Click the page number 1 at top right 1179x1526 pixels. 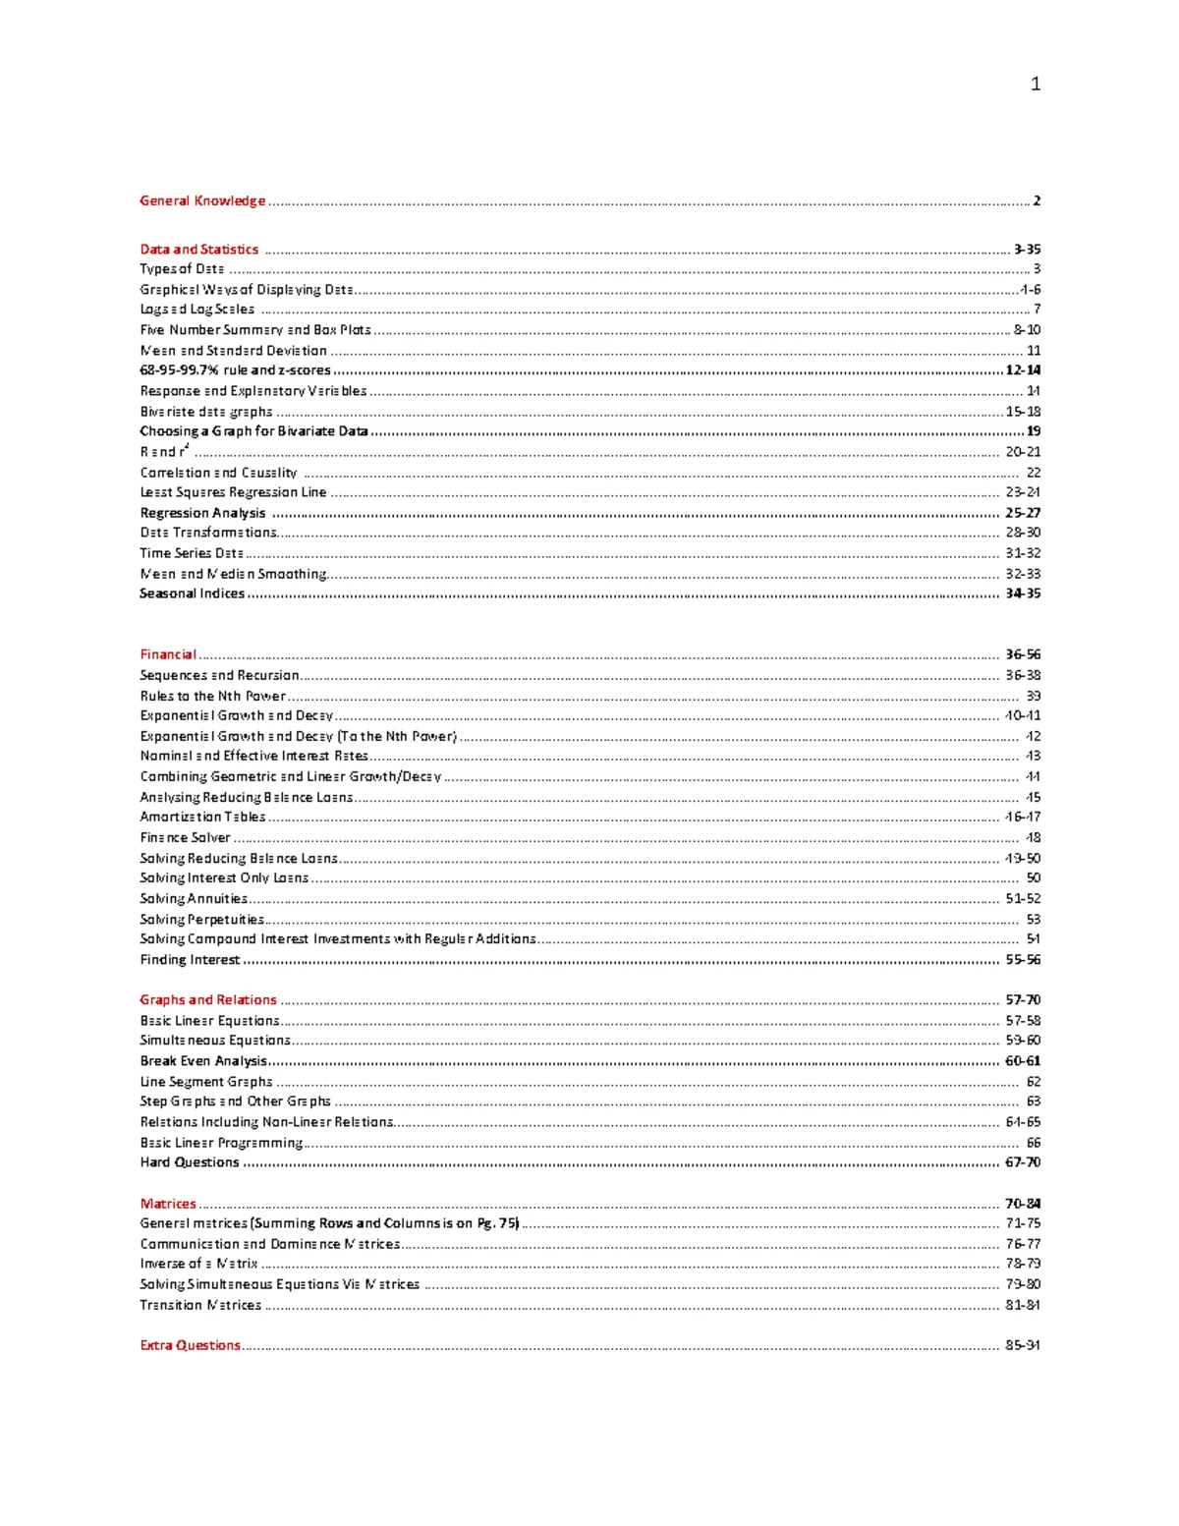(x=1035, y=85)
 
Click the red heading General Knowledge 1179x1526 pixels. (x=202, y=200)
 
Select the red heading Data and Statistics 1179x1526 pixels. (x=199, y=250)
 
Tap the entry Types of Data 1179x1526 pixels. (x=182, y=269)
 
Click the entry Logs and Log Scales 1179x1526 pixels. (x=196, y=310)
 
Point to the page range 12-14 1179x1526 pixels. (x=1023, y=370)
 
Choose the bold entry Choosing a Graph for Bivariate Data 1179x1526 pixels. (x=253, y=431)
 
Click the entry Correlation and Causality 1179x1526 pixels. (x=218, y=473)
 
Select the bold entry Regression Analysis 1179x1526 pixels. (x=202, y=513)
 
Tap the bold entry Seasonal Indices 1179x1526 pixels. (x=192, y=593)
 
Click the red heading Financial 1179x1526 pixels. (x=168, y=654)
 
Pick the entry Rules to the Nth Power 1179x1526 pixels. (x=212, y=696)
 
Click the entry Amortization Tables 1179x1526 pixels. (x=202, y=817)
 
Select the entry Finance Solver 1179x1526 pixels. (x=185, y=838)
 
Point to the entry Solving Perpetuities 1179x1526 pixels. (x=201, y=920)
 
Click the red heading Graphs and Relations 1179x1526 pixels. (x=208, y=1000)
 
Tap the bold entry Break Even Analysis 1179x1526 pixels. (x=203, y=1061)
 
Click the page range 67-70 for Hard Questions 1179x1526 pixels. (x=1023, y=1162)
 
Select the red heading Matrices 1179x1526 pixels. (x=168, y=1204)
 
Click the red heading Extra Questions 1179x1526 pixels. (x=190, y=1345)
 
